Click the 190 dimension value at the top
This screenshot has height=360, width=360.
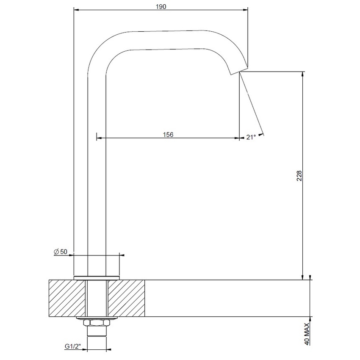(161, 6)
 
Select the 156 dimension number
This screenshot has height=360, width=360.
(168, 134)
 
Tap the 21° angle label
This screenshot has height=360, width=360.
(251, 137)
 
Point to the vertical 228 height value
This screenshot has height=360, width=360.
(299, 176)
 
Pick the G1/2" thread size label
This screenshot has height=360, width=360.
(73, 346)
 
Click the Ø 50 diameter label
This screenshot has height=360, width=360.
(61, 252)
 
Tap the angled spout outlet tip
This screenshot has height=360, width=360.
(238, 69)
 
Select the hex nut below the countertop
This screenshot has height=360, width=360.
(97, 324)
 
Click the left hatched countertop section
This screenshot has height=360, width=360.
(67, 298)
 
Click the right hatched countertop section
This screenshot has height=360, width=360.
(127, 298)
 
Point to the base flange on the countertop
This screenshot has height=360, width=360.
(97, 278)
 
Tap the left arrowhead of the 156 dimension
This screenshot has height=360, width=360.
(98, 138)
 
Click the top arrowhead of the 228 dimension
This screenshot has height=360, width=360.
(302, 74)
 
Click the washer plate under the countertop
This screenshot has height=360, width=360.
(97, 318)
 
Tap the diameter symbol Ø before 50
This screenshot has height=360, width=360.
(56, 252)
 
